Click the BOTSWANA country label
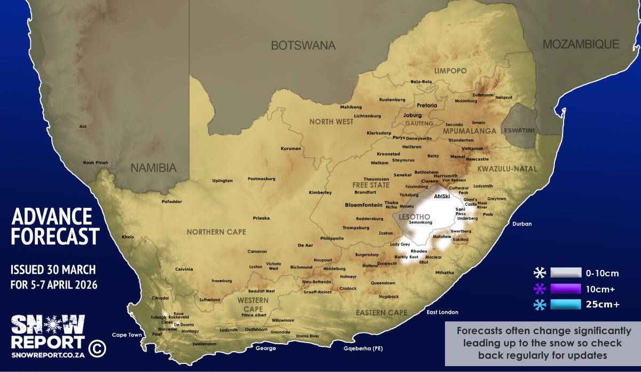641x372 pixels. coord(303,45)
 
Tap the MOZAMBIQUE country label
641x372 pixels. coord(581,44)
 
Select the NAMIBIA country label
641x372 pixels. coord(153,168)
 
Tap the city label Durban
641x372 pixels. coord(522,224)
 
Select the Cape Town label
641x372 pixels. coord(127,335)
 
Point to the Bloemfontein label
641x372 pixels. coord(364,205)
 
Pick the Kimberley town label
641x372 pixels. coord(320,192)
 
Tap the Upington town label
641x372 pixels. coord(222,181)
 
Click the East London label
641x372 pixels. coord(442,312)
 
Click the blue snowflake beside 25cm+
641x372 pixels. coord(540,305)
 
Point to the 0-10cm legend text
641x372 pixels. coord(602,274)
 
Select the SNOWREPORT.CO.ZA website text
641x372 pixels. coord(48,354)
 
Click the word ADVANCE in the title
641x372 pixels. coord(51,216)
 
